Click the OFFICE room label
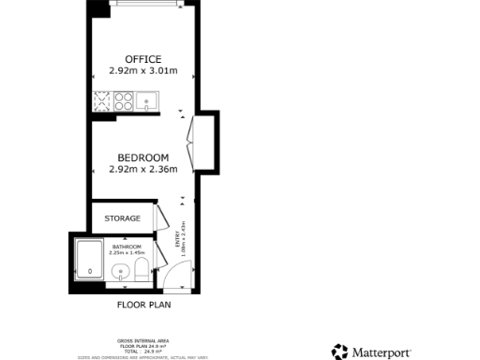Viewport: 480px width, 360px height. point(143,60)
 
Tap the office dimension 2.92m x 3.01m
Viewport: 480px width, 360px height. point(143,71)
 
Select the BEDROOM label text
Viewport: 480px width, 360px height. point(143,157)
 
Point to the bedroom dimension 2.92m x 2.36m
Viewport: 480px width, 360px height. point(143,169)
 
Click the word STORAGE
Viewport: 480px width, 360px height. point(122,218)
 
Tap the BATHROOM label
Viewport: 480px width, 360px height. point(127,247)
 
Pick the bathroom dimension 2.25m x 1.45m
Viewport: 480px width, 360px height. point(127,252)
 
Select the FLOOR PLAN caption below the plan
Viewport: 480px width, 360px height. point(143,305)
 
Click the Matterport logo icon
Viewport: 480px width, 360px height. point(339,352)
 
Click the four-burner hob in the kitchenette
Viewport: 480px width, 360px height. point(124,99)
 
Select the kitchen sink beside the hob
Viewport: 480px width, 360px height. point(148,99)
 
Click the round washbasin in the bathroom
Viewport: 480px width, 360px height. point(120,273)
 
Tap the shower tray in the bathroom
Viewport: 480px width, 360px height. point(89,260)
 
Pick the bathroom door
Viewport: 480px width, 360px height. point(160,251)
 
